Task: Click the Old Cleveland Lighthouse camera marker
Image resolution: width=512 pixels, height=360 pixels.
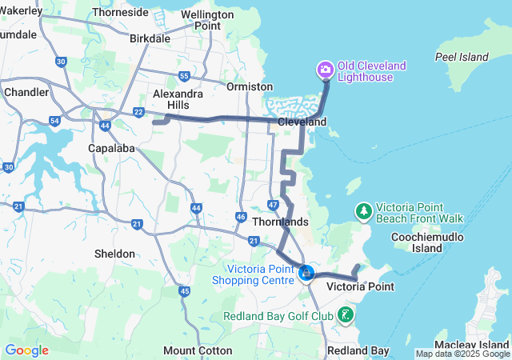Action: pos(326,70)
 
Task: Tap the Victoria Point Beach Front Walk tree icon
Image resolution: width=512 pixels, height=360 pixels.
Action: pos(364,211)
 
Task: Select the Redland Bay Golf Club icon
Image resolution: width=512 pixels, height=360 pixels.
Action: pos(345,314)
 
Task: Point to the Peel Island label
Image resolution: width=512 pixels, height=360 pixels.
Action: pos(462,57)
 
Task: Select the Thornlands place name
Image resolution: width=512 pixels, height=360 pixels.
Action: pos(280,221)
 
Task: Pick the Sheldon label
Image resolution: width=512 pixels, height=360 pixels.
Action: pos(114,254)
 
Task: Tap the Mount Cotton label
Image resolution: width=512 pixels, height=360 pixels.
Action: pos(198,350)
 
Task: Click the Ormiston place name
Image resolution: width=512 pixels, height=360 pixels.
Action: pos(245,86)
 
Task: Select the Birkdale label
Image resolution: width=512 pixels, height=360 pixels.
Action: pos(150,38)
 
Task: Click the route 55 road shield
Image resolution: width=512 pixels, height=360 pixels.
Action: pos(184,77)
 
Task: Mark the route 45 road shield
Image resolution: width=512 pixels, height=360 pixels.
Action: pos(185,291)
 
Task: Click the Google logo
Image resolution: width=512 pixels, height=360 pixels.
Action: pos(26,350)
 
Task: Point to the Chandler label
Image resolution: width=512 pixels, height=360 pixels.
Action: pos(26,92)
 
